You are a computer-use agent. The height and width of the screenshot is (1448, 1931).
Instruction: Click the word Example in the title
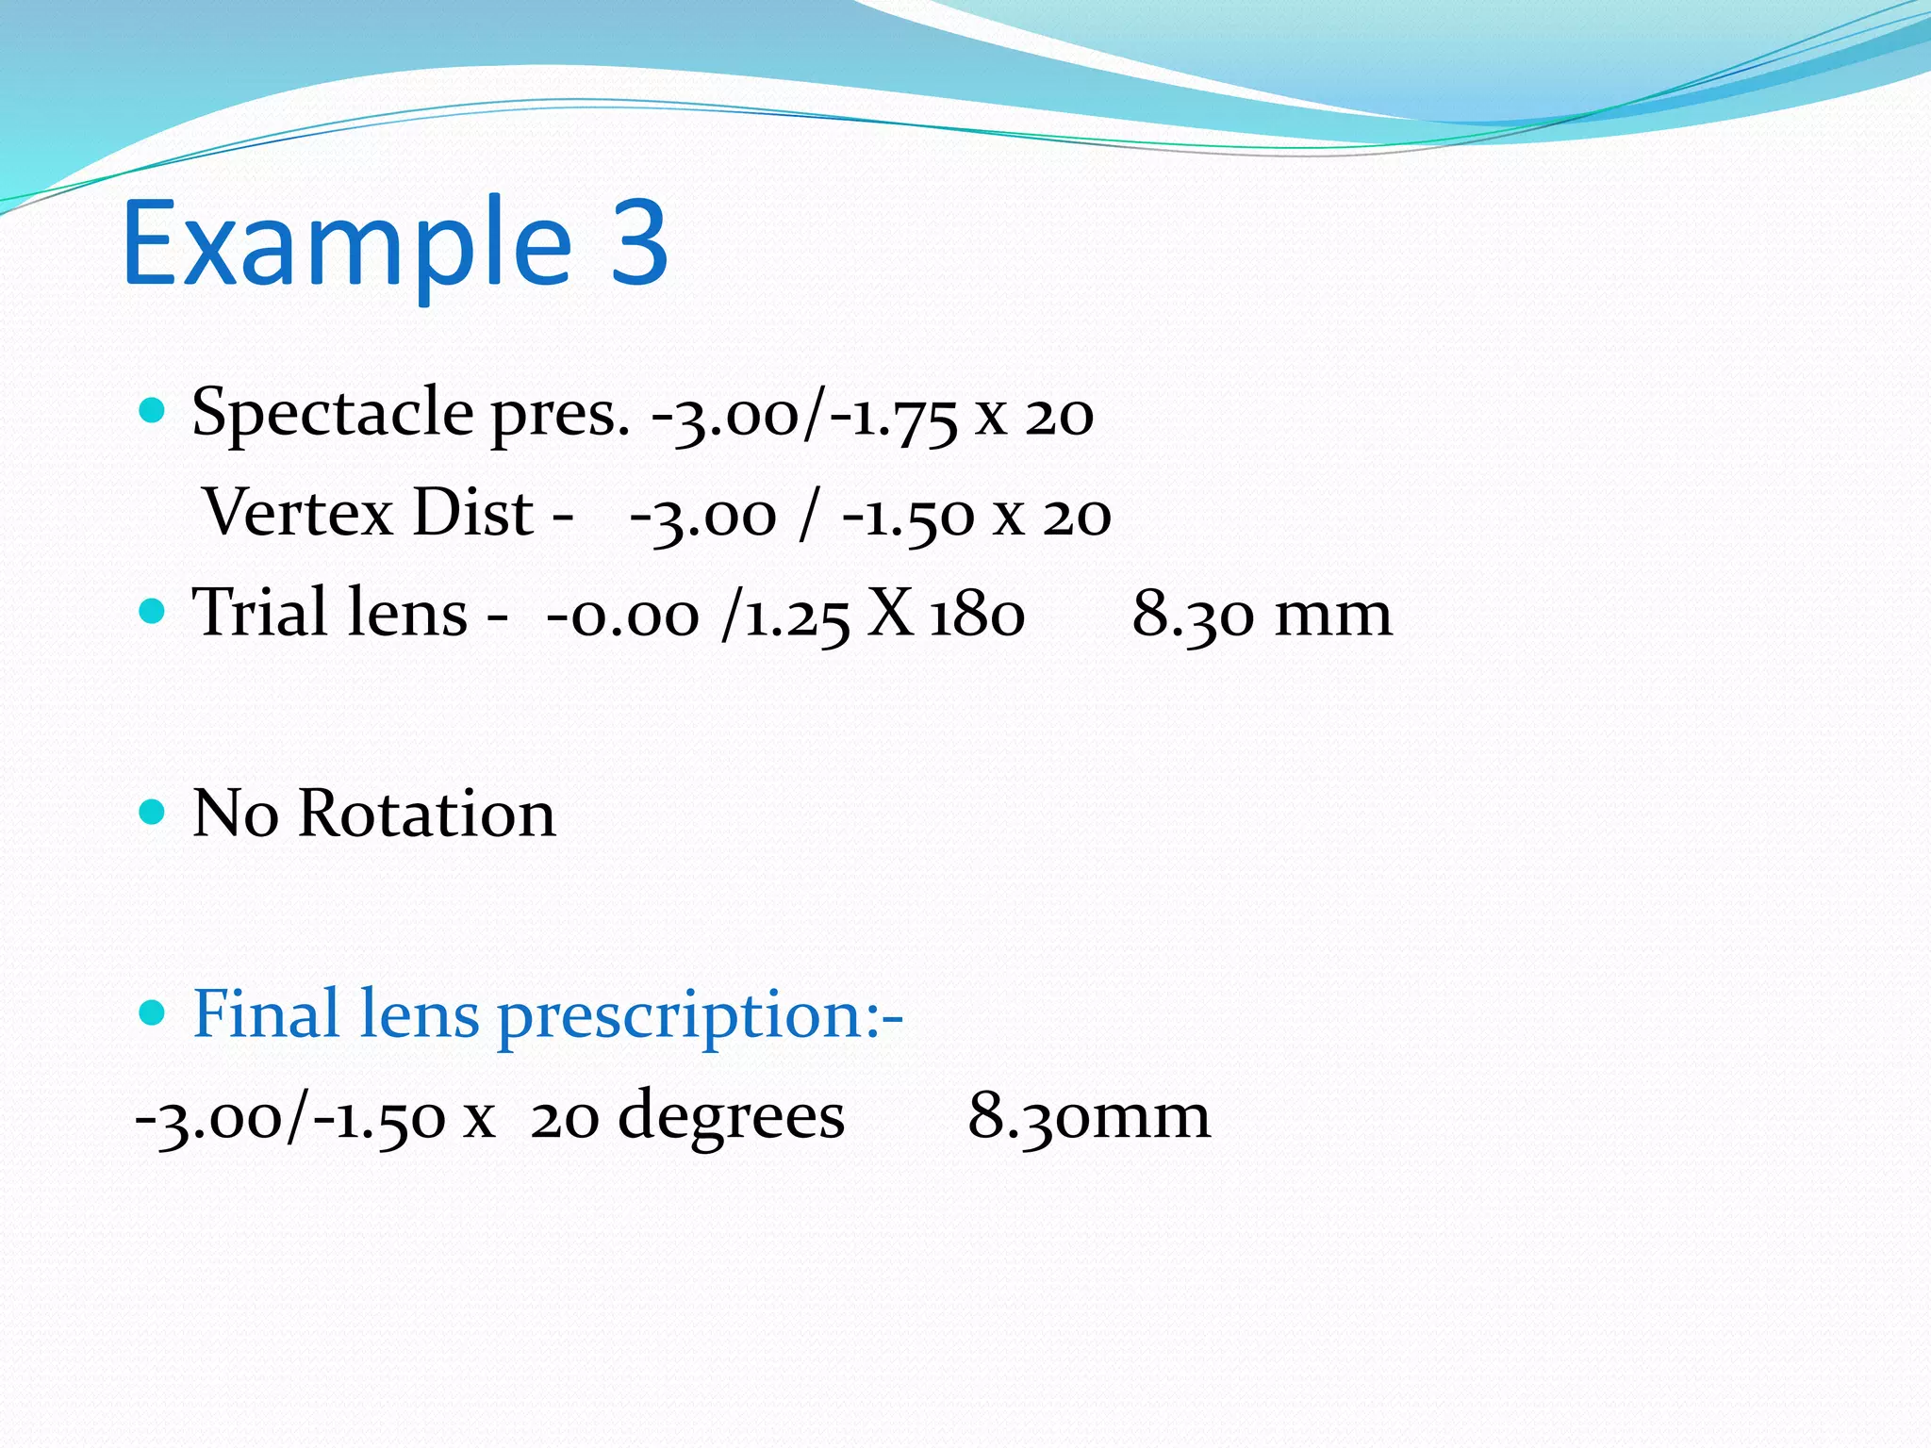(x=346, y=243)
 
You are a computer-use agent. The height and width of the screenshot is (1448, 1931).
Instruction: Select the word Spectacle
(x=332, y=412)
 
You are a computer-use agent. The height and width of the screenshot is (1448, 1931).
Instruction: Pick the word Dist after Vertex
(x=473, y=513)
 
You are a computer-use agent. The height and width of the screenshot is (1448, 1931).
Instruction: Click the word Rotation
(x=427, y=813)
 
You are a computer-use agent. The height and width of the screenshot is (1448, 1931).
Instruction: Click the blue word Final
(x=265, y=1013)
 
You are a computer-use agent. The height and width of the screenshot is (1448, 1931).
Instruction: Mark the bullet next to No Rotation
(x=152, y=812)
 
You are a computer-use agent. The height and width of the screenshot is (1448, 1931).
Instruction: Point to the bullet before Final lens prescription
(x=152, y=1012)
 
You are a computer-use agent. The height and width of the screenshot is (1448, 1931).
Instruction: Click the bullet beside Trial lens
(x=152, y=611)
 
